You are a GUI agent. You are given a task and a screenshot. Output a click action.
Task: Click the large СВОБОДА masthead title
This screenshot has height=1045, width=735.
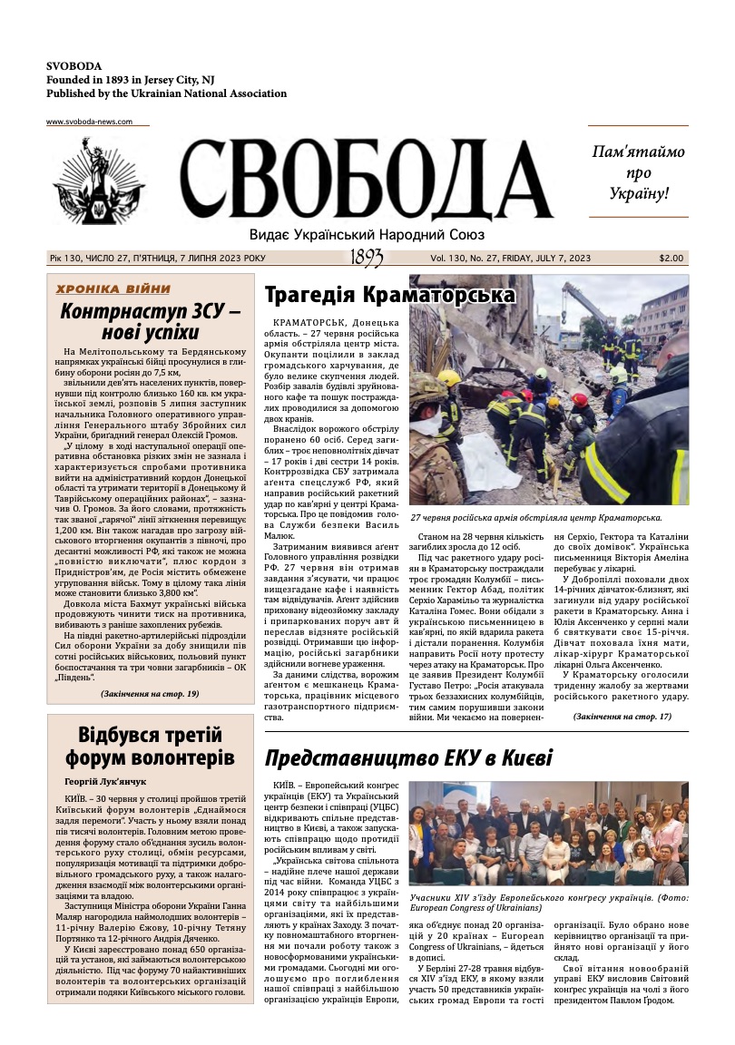pyautogui.click(x=366, y=179)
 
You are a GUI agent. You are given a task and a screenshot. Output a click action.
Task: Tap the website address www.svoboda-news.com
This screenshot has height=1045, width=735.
pyautogui.click(x=89, y=122)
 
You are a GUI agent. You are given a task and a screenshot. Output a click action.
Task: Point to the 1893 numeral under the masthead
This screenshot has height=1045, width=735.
pyautogui.click(x=367, y=259)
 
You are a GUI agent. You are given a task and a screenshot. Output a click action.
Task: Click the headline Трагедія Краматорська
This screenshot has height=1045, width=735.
pyautogui.click(x=389, y=295)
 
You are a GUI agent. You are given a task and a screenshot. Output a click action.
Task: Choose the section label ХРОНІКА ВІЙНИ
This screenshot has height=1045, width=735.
pyautogui.click(x=113, y=288)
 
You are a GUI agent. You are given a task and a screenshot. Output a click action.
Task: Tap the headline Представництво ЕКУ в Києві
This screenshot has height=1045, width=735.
pyautogui.click(x=408, y=758)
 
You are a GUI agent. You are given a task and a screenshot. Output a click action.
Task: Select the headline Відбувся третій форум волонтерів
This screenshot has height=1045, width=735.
pyautogui.click(x=149, y=746)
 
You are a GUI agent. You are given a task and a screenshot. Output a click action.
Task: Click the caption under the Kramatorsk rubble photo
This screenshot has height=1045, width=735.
pyautogui.click(x=535, y=516)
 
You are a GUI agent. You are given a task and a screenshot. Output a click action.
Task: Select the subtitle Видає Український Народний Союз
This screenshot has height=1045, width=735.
pyautogui.click(x=367, y=234)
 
